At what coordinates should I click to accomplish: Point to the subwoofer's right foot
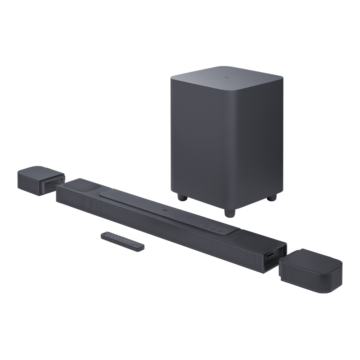pyautogui.click(x=272, y=198)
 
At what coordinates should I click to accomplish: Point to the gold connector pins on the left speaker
pyautogui.click(x=54, y=185)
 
